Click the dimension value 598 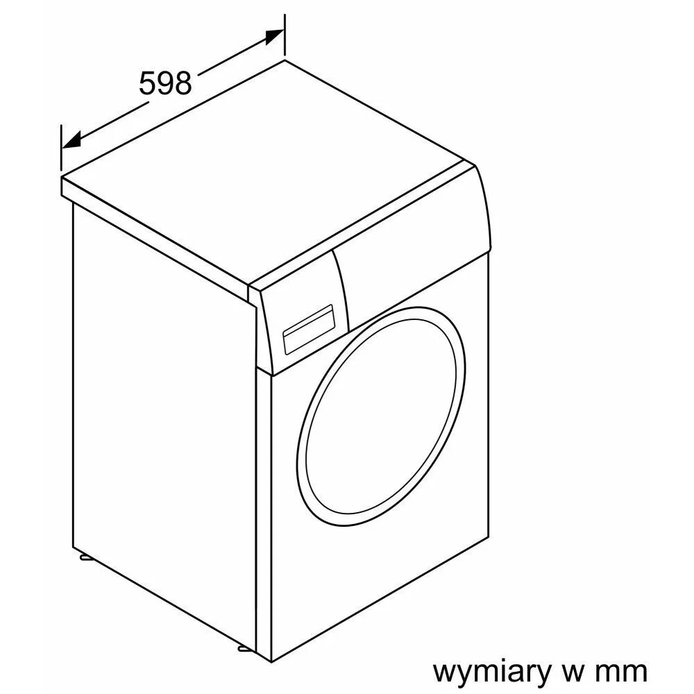pos(166,83)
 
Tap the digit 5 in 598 pos(147,83)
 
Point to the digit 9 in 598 pos(166,83)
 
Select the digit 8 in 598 pos(184,83)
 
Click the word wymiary pos(491,672)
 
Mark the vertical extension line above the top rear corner pos(284,36)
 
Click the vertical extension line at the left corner pos(61,147)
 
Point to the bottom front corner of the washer pos(271,662)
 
